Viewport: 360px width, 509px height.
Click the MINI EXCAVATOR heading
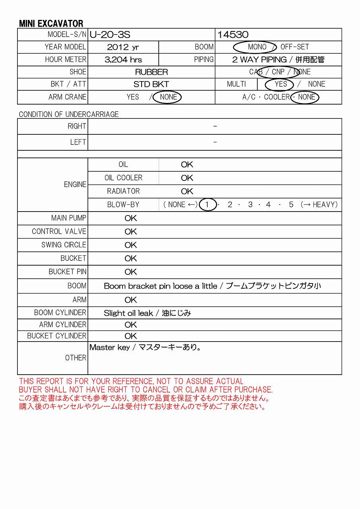[51, 23]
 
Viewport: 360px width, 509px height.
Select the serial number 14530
[233, 35]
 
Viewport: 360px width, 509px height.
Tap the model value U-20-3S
[110, 35]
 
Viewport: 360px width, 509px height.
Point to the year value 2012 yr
[123, 47]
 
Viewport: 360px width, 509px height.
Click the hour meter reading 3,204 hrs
[123, 60]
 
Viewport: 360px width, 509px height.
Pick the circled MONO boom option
[257, 47]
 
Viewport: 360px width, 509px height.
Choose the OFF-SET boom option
[295, 47]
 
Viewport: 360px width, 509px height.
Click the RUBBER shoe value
[152, 72]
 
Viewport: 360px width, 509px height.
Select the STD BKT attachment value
[151, 84]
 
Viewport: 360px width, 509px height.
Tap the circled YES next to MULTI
[280, 84]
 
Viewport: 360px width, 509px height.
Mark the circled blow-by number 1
[207, 205]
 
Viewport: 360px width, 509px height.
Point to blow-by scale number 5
[291, 205]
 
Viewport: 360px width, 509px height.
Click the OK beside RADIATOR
[187, 191]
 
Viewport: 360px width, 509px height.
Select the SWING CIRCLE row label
[64, 245]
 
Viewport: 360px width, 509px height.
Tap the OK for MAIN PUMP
[130, 218]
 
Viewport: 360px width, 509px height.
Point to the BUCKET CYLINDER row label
[56, 336]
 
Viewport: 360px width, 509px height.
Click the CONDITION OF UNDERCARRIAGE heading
[69, 115]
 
